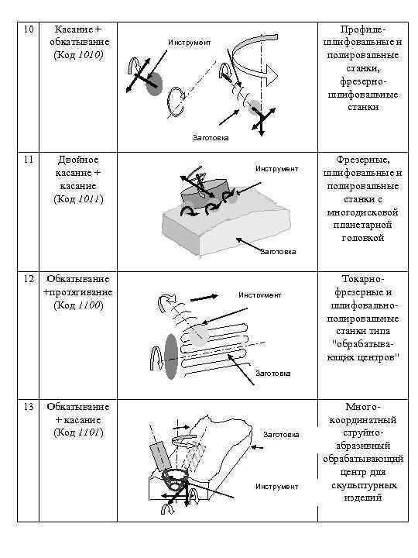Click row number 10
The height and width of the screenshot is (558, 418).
click(28, 28)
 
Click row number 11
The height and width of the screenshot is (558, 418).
click(28, 160)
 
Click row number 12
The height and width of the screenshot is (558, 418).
click(28, 278)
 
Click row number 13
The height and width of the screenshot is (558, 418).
click(28, 407)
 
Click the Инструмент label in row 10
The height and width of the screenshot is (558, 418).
click(190, 42)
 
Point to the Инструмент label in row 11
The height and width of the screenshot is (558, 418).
click(276, 168)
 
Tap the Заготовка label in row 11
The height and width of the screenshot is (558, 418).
click(278, 251)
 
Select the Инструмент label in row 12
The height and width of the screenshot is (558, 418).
click(260, 295)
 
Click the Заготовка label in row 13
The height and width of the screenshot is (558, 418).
click(281, 434)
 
